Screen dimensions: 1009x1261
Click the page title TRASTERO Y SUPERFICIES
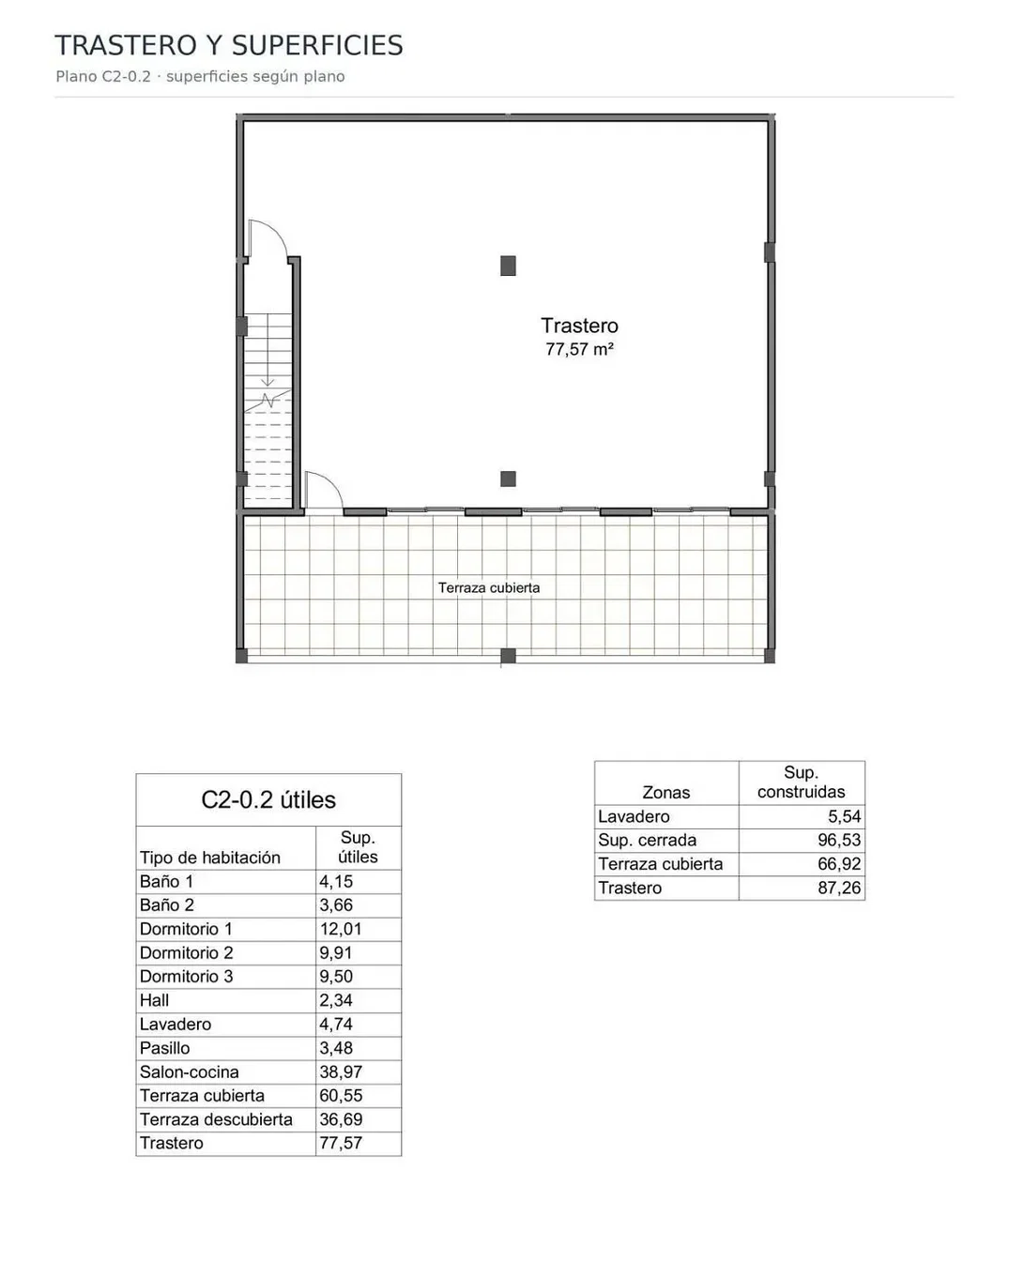[229, 45]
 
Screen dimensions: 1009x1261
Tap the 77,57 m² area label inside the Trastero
[579, 349]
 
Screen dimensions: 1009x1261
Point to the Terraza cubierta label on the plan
[488, 587]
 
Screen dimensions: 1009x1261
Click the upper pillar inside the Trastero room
[508, 266]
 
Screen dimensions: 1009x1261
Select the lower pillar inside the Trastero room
[508, 479]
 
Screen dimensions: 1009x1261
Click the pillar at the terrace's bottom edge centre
[508, 656]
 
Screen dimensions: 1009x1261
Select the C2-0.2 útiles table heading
[268, 799]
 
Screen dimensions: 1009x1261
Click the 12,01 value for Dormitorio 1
[340, 929]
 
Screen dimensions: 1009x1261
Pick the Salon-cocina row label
[189, 1071]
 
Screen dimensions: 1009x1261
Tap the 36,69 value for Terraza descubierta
[340, 1119]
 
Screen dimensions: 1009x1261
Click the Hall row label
[154, 1000]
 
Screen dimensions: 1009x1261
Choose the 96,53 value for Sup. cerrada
[839, 840]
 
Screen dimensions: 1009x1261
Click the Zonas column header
[666, 792]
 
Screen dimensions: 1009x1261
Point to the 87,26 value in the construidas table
[839, 888]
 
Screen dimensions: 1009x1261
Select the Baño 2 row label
[166, 904]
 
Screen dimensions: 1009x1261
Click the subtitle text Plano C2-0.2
[103, 77]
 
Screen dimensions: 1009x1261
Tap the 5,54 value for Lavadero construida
[844, 816]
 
